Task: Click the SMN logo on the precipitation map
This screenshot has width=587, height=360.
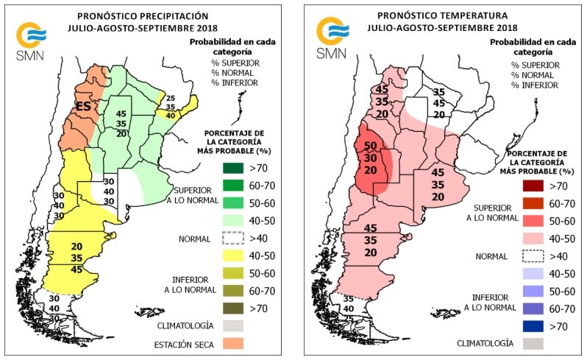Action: pyautogui.click(x=30, y=40)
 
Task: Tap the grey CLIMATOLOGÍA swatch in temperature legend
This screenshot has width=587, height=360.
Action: pyautogui.click(x=534, y=342)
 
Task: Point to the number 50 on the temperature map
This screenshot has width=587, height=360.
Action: pyautogui.click(x=371, y=146)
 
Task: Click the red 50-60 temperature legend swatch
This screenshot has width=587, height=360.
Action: pyautogui.click(x=534, y=220)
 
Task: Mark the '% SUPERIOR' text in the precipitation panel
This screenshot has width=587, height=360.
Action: pyautogui.click(x=235, y=64)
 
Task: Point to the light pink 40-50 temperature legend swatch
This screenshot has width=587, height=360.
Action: pyautogui.click(x=534, y=239)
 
